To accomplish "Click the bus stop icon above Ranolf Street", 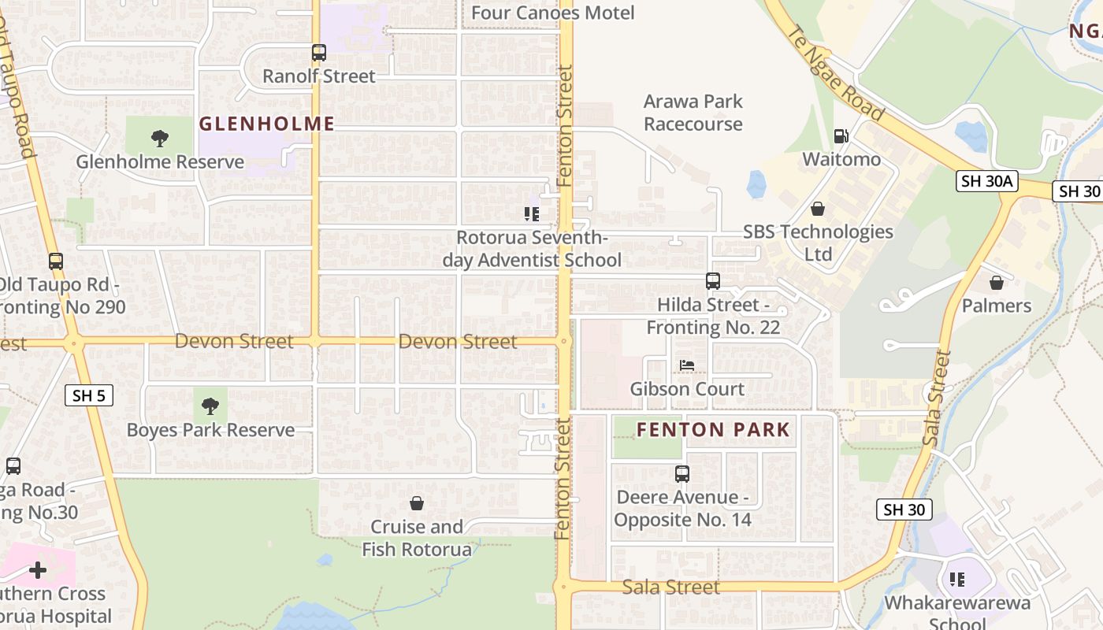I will click(x=318, y=53).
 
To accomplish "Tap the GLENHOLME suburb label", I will click(x=266, y=124).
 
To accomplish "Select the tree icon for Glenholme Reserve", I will click(x=160, y=139).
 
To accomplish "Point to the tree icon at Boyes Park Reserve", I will click(x=210, y=406).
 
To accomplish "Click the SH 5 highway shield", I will click(x=88, y=395).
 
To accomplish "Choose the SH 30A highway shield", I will click(x=987, y=181).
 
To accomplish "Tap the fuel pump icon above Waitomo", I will click(x=841, y=136).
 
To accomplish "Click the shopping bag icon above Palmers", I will click(x=996, y=282).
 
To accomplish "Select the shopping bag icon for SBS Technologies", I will click(x=818, y=209).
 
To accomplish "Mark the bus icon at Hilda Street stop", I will click(x=712, y=281).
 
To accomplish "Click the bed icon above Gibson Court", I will click(x=687, y=365).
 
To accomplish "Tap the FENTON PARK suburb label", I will click(x=712, y=429).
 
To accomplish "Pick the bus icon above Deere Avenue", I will click(x=682, y=474).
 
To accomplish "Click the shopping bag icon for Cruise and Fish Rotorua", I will click(x=417, y=503).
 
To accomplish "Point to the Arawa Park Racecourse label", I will click(x=693, y=113).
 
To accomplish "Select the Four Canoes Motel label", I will click(x=552, y=13).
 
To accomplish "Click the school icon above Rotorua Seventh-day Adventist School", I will click(x=532, y=213).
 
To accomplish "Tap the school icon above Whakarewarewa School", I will click(x=957, y=580).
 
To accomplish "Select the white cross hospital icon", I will click(x=37, y=569).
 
